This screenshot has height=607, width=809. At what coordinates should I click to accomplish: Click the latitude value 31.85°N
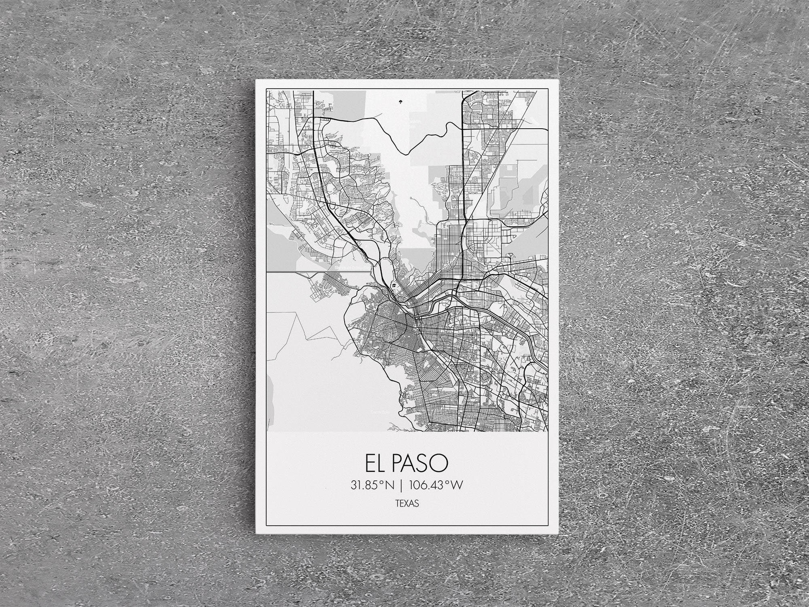pos(372,486)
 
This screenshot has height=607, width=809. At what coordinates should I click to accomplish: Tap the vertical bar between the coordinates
pos(401,486)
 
